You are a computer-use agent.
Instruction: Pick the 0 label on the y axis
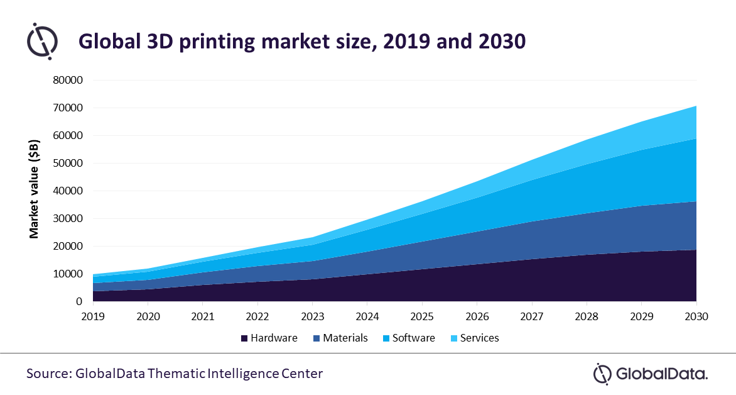[79, 302]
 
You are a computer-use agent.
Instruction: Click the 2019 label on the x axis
[92, 316]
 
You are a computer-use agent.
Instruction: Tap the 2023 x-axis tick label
[312, 316]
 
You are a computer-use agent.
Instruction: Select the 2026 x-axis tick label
[477, 316]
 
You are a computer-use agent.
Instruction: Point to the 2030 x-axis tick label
[696, 316]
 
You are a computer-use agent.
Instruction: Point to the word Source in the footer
[48, 374]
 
